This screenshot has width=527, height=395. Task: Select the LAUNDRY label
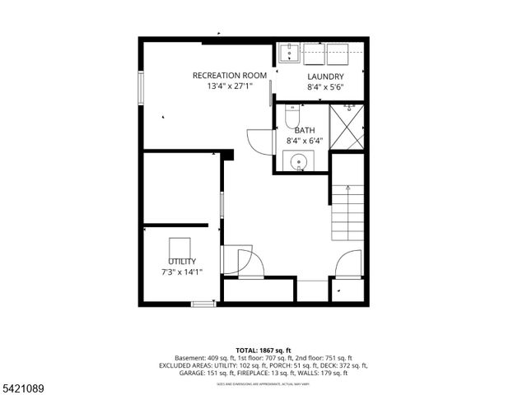click(325, 77)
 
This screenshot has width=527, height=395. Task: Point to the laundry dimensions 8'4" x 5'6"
click(325, 86)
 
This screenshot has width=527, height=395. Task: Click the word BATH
click(305, 130)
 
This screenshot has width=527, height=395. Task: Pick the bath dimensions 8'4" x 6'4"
click(305, 141)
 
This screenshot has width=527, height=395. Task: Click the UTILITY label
click(182, 262)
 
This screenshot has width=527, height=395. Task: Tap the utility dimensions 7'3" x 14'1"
click(182, 272)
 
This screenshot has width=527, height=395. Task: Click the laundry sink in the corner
click(288, 54)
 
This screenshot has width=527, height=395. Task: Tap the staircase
click(348, 212)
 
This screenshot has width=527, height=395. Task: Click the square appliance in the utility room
click(180, 248)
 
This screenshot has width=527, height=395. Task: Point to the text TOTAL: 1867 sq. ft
click(263, 350)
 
